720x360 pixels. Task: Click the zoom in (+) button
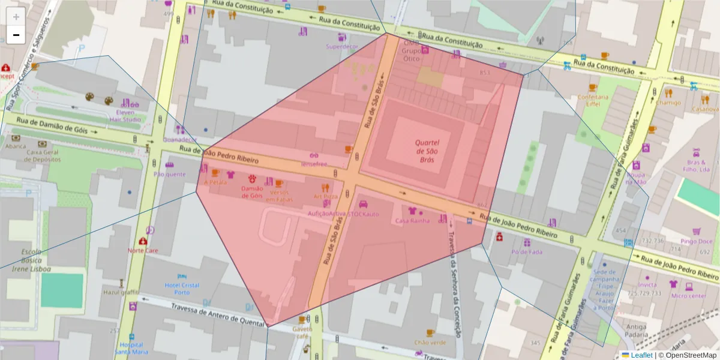coord(16,17)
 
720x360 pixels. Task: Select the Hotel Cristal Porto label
coord(182,288)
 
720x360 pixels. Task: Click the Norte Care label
coord(143,250)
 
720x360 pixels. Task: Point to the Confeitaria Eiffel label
coord(589,100)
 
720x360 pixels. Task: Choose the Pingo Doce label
coord(696,241)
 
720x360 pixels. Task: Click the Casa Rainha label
coord(412,221)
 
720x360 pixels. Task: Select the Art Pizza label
coord(325,196)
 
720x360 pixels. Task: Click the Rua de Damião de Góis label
coord(52,125)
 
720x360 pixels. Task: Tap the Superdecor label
coord(341,46)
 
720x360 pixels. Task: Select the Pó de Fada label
coord(526,252)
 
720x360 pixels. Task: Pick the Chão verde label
coord(430,343)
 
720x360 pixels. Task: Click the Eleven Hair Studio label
coord(125,115)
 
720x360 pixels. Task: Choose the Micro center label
coord(688,296)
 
